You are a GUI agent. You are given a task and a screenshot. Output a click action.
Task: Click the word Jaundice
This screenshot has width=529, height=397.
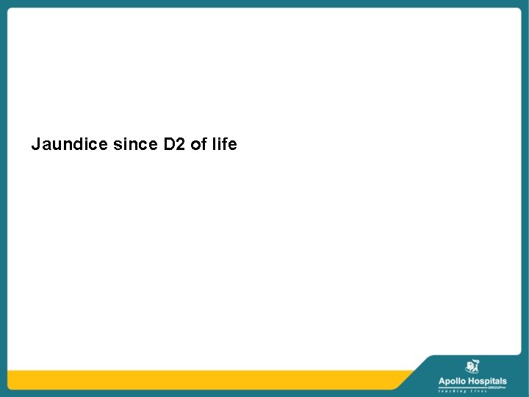tap(70, 145)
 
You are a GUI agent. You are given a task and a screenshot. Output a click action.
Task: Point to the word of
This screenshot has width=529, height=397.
tap(198, 145)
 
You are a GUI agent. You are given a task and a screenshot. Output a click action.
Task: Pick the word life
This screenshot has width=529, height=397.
tap(223, 145)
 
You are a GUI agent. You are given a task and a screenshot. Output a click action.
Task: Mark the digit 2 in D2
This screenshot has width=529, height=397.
tap(179, 145)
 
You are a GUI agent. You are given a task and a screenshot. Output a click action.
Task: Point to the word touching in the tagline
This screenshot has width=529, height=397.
tap(453, 391)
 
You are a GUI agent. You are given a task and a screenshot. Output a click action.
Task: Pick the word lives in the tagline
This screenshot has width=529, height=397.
tap(478, 391)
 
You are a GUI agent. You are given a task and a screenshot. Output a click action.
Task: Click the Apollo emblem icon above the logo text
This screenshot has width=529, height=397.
tap(472, 366)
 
